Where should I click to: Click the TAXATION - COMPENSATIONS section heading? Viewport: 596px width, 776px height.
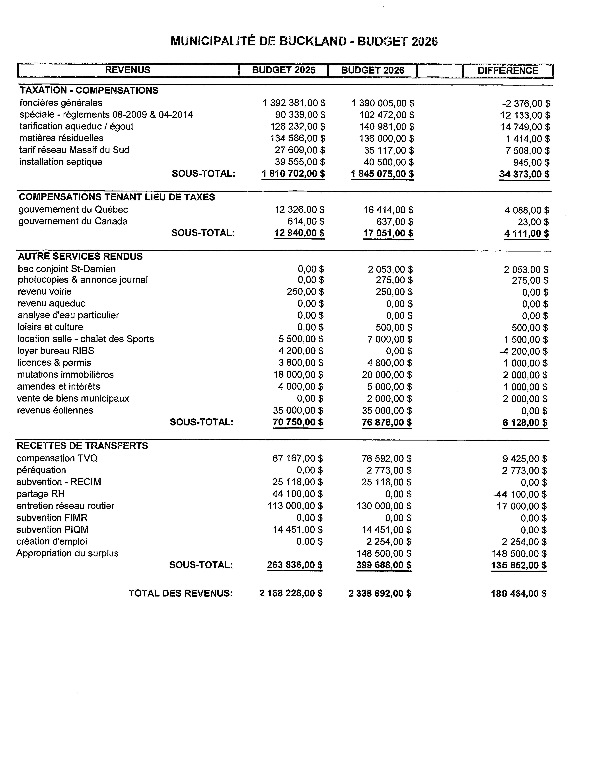(89, 90)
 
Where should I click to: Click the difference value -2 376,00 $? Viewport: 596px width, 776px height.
(526, 104)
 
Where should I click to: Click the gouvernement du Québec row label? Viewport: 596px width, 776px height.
(73, 210)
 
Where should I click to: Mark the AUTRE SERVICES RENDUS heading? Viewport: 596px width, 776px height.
(80, 257)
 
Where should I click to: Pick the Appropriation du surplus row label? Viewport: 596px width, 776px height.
(67, 554)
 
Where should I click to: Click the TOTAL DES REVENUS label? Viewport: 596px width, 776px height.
(181, 593)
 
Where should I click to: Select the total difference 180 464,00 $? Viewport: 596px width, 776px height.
(518, 594)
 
